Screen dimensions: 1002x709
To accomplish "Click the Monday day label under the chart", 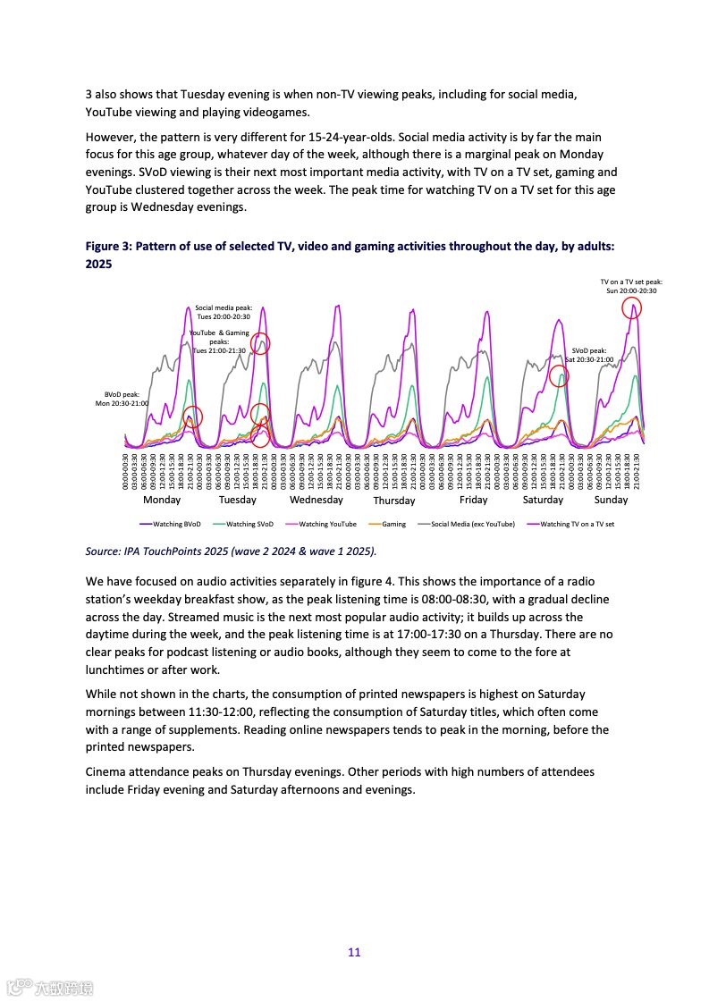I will click(x=162, y=500).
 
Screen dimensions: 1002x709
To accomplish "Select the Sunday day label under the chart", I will click(x=612, y=500).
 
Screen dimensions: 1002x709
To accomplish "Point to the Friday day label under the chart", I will click(x=473, y=500).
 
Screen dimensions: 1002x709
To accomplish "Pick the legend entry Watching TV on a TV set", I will click(x=577, y=524).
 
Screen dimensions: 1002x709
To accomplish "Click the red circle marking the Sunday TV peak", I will click(x=632, y=308).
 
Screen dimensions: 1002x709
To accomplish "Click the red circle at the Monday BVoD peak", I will click(x=193, y=417).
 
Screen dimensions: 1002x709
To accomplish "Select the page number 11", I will click(x=354, y=952).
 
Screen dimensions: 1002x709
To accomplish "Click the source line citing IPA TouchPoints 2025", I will click(x=231, y=551).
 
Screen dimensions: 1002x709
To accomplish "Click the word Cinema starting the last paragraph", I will click(x=106, y=771).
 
